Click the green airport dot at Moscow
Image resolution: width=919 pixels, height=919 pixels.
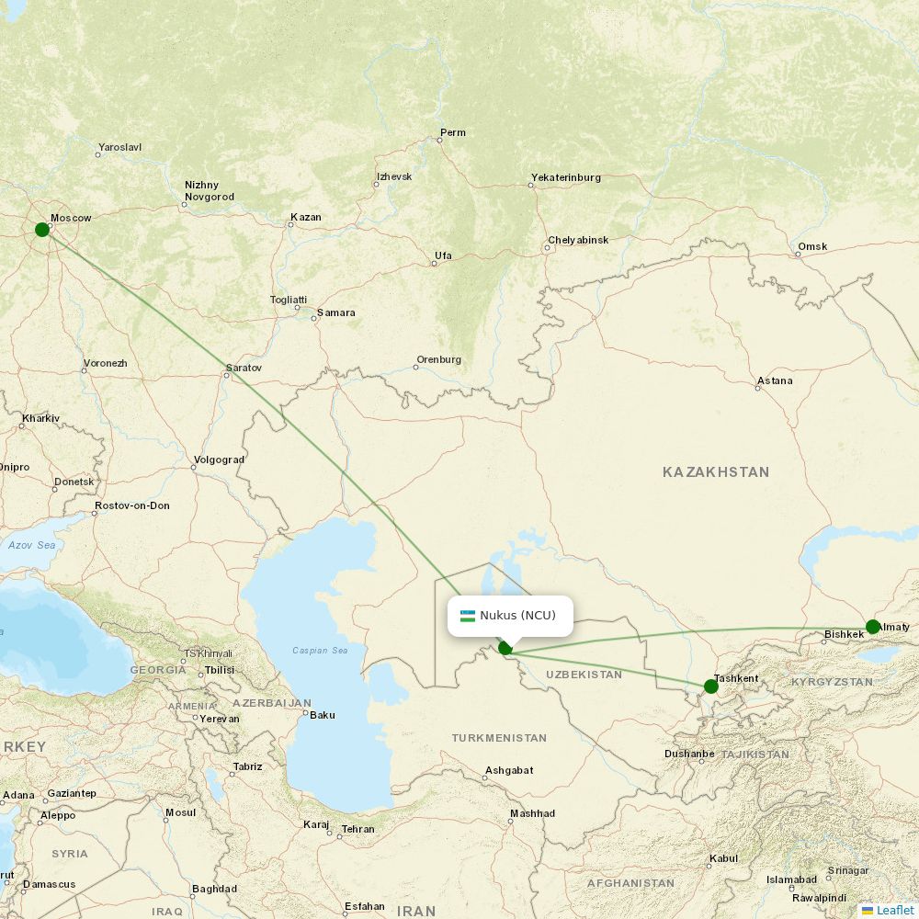(x=42, y=229)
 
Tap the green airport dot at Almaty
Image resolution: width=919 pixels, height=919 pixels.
(x=872, y=628)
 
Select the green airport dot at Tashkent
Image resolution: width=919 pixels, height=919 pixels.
(x=710, y=686)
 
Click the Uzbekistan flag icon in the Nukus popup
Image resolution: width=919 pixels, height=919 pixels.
(x=468, y=616)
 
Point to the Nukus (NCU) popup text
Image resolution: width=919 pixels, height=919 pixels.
(x=517, y=616)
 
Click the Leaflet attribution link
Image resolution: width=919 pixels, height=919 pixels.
(x=894, y=910)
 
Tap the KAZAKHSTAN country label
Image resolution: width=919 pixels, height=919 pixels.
(x=716, y=471)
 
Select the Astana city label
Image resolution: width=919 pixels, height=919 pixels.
(x=774, y=380)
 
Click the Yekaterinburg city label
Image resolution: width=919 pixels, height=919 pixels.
(x=565, y=177)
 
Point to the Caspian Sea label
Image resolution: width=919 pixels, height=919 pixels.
(x=320, y=651)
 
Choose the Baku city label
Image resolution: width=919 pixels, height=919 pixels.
(x=323, y=714)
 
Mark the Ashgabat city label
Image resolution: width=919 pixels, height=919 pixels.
(x=508, y=770)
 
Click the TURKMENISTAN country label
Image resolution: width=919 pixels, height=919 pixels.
(x=499, y=738)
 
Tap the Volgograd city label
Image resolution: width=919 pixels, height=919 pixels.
(x=220, y=459)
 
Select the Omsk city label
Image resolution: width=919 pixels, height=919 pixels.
(x=812, y=246)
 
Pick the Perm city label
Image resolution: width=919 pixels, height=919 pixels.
(x=452, y=132)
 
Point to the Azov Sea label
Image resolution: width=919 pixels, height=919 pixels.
(x=32, y=545)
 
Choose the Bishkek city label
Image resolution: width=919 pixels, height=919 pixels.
(x=844, y=634)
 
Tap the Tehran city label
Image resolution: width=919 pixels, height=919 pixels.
(x=357, y=829)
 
